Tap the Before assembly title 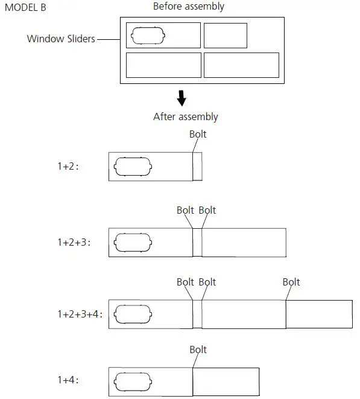point(188,7)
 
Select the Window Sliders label point(61,39)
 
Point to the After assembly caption point(186,117)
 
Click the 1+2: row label point(68,167)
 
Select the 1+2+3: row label point(74,243)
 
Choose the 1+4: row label point(68,380)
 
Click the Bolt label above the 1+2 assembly point(198,134)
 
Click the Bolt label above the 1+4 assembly point(198,350)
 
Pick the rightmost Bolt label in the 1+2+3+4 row point(291,282)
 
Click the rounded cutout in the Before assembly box point(148,36)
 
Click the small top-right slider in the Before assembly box point(225,35)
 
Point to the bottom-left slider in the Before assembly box point(163,65)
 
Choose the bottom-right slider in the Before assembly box point(241,65)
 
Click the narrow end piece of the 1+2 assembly point(197,167)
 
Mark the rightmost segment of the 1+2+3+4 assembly point(318,314)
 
